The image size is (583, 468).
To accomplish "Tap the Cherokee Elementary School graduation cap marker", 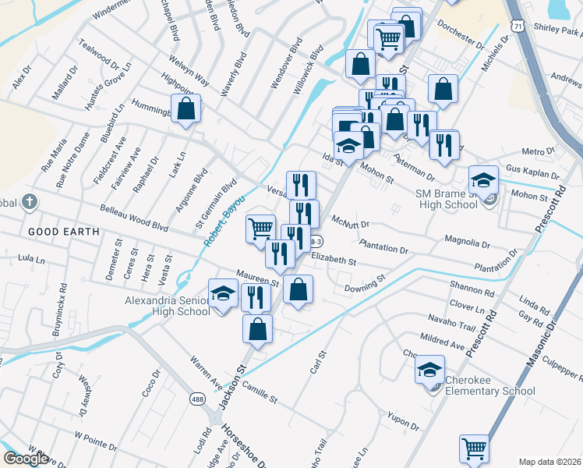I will (429, 370).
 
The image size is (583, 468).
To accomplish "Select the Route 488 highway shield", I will (196, 399).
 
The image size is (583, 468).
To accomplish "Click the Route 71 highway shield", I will (518, 26).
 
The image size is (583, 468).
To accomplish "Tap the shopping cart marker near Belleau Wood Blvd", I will (261, 229).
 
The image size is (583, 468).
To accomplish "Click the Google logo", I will (26, 458).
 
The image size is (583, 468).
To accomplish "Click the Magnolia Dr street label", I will (467, 243).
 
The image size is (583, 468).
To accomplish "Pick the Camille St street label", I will (260, 392).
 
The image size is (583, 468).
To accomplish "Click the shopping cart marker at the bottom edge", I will (474, 448).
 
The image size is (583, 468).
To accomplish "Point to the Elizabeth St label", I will (334, 259).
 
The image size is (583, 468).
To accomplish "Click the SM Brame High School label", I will (446, 199).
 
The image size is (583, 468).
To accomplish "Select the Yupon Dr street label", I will (402, 423).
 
